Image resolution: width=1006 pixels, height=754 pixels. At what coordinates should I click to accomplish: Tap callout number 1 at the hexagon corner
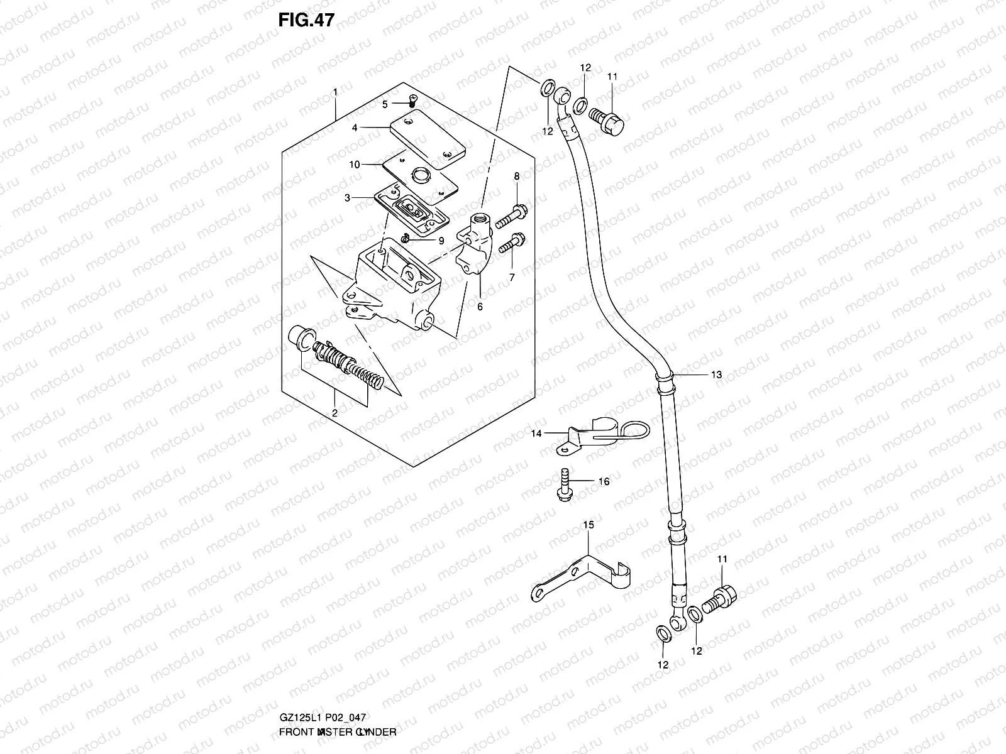pyautogui.click(x=336, y=92)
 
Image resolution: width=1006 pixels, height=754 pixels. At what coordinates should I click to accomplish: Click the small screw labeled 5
pyautogui.click(x=412, y=100)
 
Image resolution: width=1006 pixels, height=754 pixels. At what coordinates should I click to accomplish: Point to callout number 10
pyautogui.click(x=355, y=165)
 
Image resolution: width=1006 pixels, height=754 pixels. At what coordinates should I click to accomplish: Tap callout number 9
pyautogui.click(x=441, y=241)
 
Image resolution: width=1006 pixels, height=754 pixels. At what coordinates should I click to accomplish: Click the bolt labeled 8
pyautogui.click(x=511, y=216)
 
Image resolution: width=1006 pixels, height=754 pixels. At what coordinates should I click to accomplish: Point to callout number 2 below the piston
pyautogui.click(x=334, y=413)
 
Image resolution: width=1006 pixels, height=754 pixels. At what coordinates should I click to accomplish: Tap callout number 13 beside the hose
pyautogui.click(x=716, y=374)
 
